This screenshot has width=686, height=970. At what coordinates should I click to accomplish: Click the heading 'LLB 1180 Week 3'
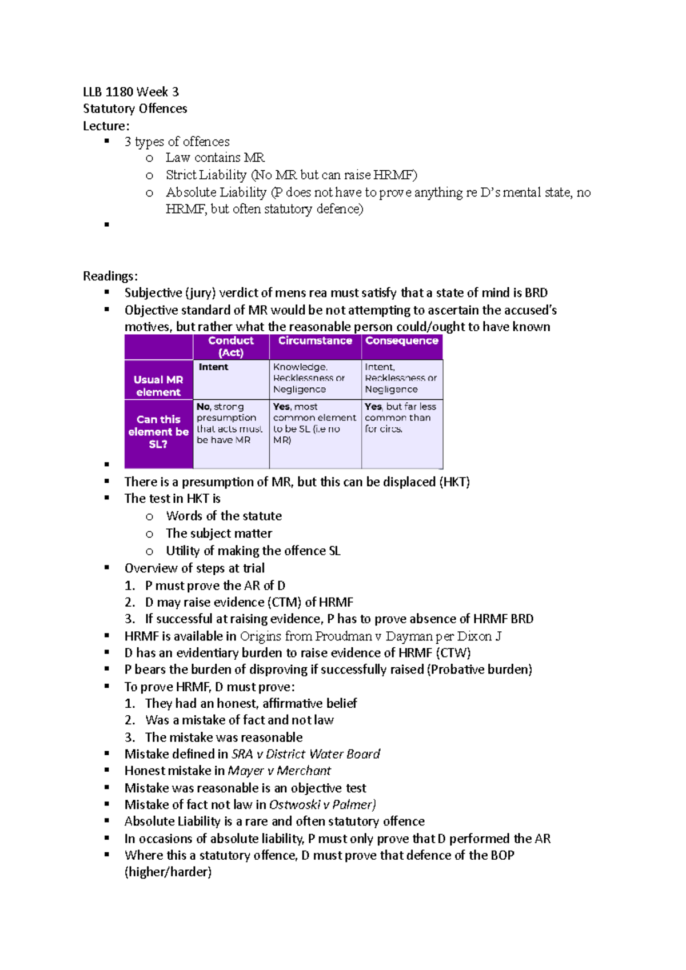point(131,92)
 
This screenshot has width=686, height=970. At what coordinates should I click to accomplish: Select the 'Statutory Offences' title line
point(135,109)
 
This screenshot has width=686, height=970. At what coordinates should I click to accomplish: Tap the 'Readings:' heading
point(110,276)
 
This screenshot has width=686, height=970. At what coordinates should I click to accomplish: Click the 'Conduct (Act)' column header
point(231,346)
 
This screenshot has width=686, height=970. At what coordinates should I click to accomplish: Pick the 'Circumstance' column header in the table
point(315,341)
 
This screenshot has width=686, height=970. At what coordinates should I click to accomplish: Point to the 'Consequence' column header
point(401,341)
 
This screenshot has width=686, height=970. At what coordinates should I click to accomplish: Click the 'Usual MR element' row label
point(158,386)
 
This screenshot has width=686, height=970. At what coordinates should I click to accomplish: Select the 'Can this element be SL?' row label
point(158,431)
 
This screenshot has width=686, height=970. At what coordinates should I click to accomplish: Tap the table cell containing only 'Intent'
point(214,367)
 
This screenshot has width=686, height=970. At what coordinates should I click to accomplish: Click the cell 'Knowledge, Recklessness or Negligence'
point(309,378)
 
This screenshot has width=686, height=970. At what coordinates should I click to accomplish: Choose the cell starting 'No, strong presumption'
point(229,423)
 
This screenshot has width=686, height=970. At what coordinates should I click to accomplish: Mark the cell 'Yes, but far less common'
point(400,418)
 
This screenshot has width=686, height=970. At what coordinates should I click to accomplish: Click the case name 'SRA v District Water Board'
point(306,754)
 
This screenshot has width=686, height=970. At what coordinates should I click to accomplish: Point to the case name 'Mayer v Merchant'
point(280,771)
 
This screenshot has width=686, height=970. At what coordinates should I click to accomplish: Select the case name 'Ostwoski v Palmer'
point(321,805)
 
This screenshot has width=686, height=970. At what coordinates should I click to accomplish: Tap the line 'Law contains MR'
point(215,158)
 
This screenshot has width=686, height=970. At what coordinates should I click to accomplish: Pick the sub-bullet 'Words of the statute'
point(224,516)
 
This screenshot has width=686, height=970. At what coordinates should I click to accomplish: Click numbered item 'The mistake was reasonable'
point(224,737)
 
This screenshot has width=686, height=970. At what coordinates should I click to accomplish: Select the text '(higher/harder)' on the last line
point(168,872)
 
